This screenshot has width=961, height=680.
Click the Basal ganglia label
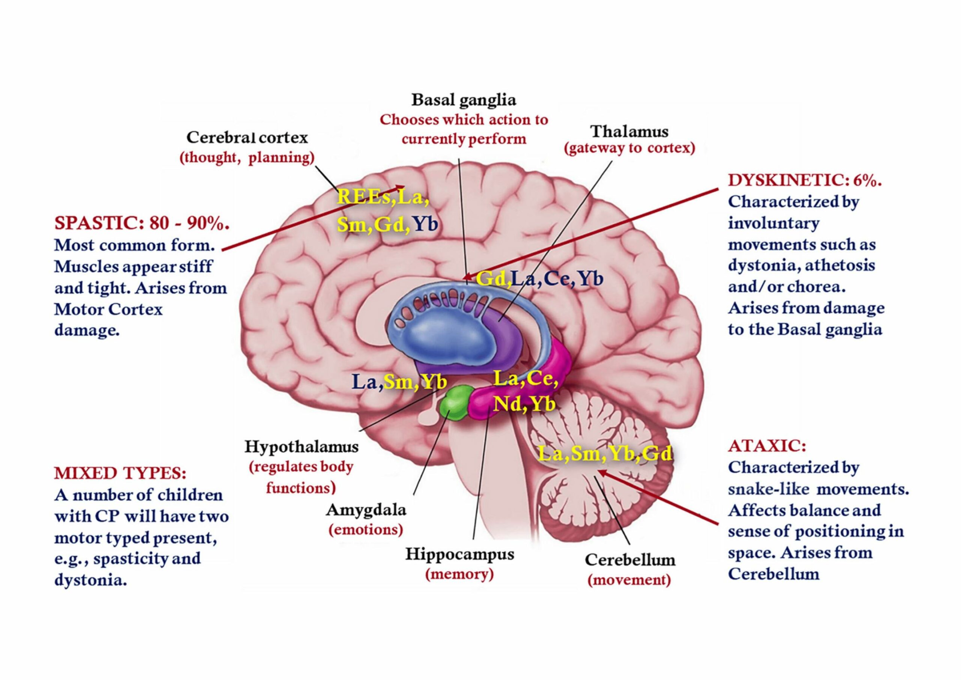point(463,101)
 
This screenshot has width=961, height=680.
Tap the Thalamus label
point(630,131)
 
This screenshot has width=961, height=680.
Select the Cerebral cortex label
point(247,138)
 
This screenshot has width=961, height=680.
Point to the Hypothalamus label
point(301,447)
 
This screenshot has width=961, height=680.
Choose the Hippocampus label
point(459,554)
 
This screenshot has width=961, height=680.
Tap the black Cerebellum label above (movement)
point(630,560)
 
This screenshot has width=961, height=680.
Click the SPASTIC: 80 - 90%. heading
point(142,223)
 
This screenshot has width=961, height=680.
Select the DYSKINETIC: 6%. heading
point(804,181)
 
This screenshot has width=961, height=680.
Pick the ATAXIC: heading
point(767,446)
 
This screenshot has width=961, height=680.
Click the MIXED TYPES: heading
point(120,473)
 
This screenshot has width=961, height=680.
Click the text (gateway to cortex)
point(630,148)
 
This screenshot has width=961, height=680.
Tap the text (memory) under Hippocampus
point(459,574)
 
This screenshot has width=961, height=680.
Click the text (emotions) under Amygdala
point(366,530)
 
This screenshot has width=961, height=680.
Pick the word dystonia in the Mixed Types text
point(90,581)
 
